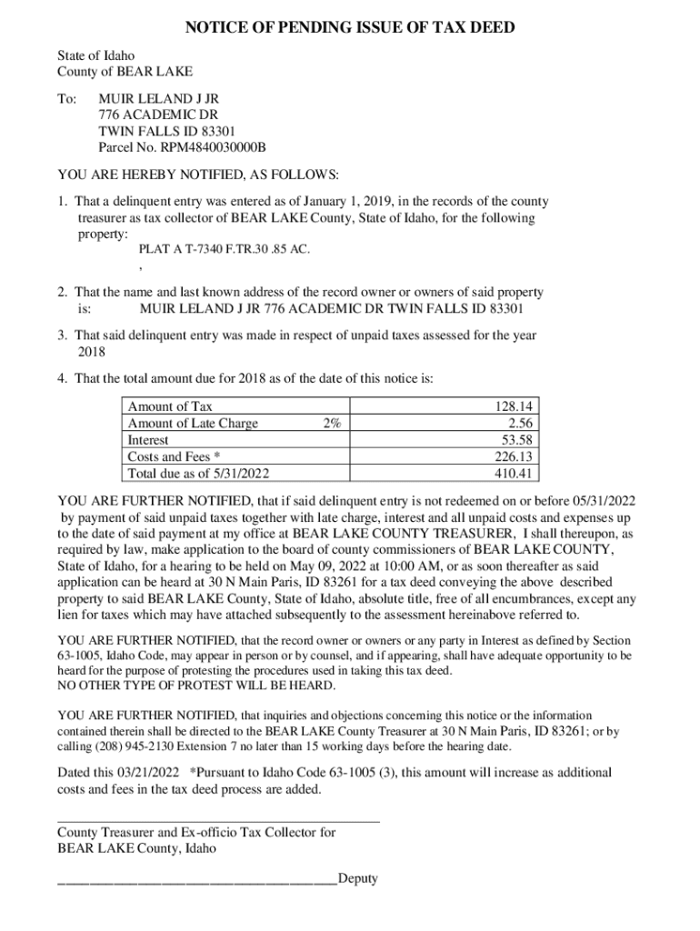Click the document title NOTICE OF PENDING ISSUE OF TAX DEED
point(350,28)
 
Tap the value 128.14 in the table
point(514,407)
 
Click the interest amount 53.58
point(517,440)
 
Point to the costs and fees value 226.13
point(514,456)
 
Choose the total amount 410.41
point(514,474)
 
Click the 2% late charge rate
point(331,424)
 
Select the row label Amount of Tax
point(170,407)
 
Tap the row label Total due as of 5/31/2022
point(198,474)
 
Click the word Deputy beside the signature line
point(357,878)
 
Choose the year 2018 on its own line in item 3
point(91,352)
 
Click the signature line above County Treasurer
point(218,821)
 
